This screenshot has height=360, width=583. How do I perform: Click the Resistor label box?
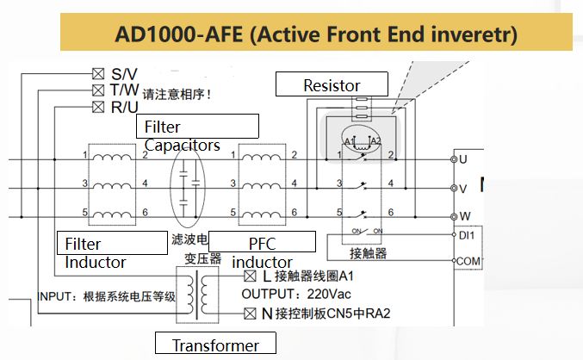pyautogui.click(x=332, y=84)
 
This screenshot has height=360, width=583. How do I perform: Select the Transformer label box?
pyautogui.click(x=215, y=344)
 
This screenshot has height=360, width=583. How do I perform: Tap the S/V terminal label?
pyautogui.click(x=124, y=74)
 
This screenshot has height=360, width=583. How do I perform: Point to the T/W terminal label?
pyautogui.click(x=124, y=90)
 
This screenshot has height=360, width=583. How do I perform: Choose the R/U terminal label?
pyautogui.click(x=124, y=107)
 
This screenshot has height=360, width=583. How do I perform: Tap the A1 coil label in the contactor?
pyautogui.click(x=349, y=140)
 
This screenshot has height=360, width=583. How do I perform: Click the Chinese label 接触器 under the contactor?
pyautogui.click(x=368, y=253)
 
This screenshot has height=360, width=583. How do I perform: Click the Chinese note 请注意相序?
pyautogui.click(x=177, y=94)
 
